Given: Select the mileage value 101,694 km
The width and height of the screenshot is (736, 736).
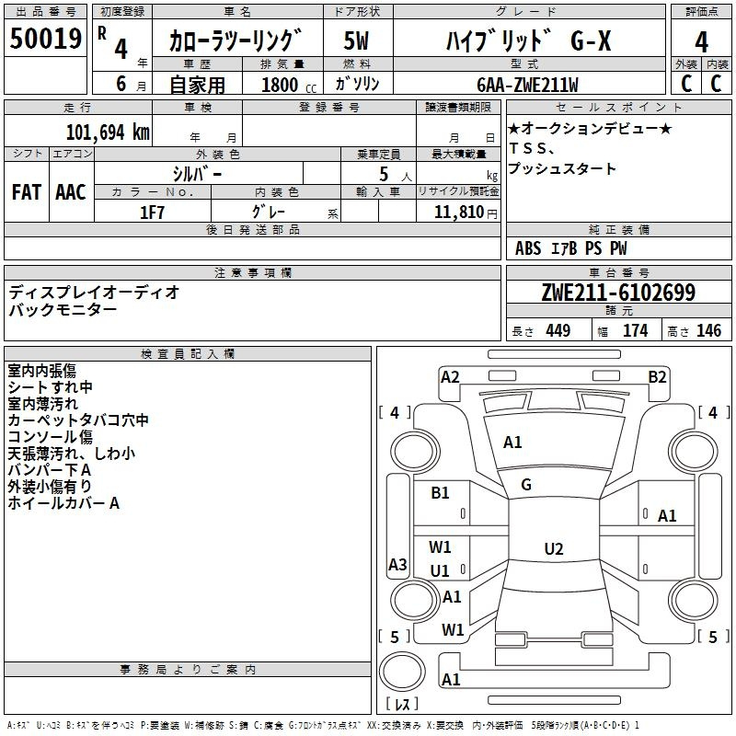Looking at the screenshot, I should point(109,132).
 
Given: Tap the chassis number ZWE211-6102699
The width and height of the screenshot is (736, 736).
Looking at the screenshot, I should point(617,293).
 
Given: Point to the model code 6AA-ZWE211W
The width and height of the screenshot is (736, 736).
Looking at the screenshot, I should point(527,85).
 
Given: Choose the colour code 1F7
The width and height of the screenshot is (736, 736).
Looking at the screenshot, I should point(152,212).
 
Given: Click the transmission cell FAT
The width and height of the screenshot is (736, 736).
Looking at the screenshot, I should point(27,191).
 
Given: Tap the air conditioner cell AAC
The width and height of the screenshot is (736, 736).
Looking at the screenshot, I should point(70,191).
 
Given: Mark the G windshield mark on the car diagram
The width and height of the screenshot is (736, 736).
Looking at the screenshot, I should point(526,485).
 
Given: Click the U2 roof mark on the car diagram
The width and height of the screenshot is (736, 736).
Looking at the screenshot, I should point(553,549).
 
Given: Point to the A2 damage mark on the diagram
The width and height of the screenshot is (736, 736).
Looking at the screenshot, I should point(450,376).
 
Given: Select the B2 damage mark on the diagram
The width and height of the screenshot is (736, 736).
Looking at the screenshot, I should point(657,376).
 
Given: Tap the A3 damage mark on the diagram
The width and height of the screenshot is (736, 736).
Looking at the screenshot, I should point(397,565).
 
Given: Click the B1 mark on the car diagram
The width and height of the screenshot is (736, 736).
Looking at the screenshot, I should point(441,493).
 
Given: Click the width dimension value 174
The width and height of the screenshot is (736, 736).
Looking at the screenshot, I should point(635,331).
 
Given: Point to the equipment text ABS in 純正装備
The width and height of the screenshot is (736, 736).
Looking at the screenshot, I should point(528,247).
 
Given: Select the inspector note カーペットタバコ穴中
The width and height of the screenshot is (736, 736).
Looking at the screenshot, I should point(78,420).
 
